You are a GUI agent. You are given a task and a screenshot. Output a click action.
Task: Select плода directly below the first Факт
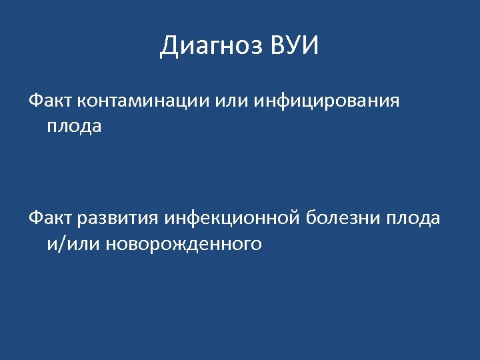coord(74,126)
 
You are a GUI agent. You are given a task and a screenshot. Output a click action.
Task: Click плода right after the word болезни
coord(413,218)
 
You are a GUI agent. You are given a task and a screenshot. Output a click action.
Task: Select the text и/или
coord(71,244)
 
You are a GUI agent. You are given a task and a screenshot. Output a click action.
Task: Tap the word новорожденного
coord(181,244)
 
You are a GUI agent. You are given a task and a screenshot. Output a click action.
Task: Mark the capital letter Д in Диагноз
coord(169,47)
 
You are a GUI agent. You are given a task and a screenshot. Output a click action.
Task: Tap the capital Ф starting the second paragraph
coord(35,218)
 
